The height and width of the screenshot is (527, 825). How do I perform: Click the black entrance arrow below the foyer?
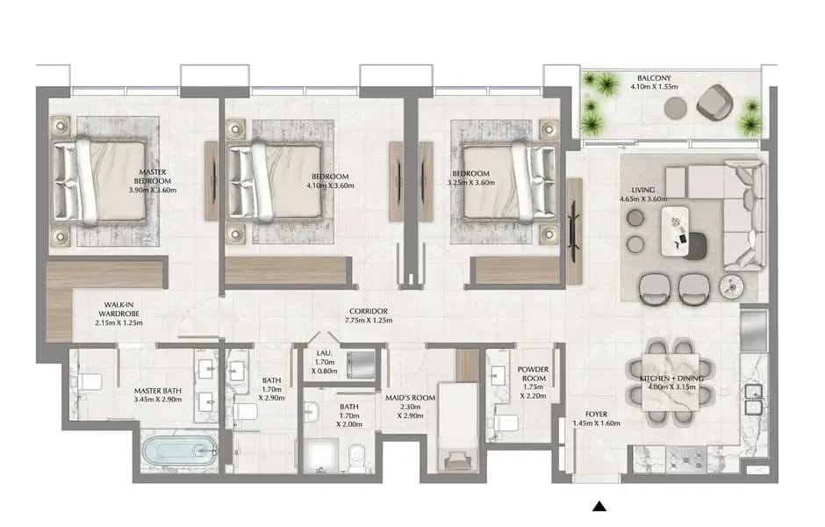(599, 506)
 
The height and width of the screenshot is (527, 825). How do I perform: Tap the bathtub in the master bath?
(179, 451)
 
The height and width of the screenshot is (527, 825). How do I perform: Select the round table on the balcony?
(675, 108)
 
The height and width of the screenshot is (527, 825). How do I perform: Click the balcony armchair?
(714, 101)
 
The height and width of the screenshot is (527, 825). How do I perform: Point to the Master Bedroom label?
(153, 177)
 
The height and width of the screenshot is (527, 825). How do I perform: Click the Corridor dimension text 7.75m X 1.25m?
(369, 320)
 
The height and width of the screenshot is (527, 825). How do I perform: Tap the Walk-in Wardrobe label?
(118, 309)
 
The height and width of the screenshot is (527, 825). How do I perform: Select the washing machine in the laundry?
(361, 363)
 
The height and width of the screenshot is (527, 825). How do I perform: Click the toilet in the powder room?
(506, 423)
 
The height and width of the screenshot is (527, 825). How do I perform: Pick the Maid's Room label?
(411, 398)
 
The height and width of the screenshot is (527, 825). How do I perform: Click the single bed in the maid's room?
(458, 427)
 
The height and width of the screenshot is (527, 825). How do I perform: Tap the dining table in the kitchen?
(671, 382)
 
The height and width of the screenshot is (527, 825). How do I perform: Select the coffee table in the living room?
(675, 232)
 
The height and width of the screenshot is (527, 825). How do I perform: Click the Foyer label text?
(596, 415)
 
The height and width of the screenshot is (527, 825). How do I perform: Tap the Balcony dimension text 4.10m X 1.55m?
(654, 86)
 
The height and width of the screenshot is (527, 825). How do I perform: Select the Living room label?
(643, 190)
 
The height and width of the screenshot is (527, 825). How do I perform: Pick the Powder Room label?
(533, 374)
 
